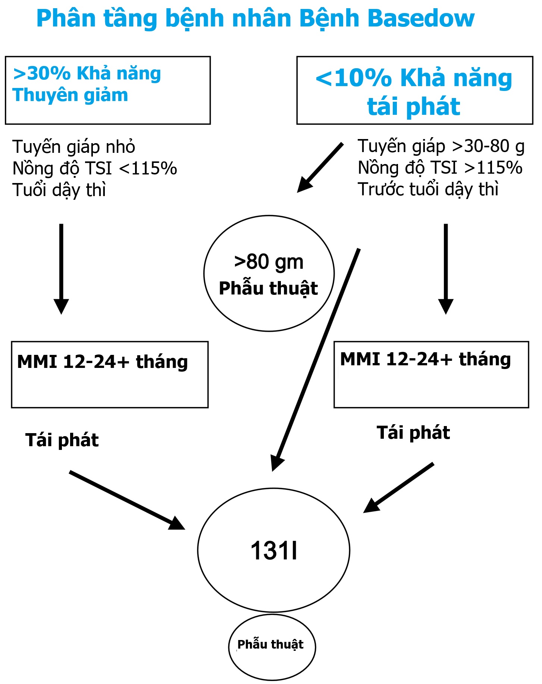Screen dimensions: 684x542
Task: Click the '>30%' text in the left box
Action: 41,73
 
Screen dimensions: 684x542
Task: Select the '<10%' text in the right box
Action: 353,78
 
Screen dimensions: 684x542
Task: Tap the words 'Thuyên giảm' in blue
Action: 70,95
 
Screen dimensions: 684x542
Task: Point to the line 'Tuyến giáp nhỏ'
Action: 73,147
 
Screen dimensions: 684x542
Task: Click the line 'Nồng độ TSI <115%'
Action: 95,168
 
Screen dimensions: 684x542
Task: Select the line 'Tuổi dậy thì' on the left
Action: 59,190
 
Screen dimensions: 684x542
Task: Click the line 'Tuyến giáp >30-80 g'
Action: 441,146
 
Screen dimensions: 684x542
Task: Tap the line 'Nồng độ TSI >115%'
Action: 440,168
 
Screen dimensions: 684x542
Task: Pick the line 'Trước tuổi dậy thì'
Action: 428,189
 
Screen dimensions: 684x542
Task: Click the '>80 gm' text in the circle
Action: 269,262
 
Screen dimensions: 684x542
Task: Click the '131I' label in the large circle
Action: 274,551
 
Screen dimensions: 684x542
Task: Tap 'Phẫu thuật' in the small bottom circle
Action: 270,644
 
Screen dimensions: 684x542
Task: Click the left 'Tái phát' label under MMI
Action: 62,440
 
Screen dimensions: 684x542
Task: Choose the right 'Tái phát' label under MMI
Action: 413,433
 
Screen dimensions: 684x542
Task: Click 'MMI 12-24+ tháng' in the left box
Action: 103,362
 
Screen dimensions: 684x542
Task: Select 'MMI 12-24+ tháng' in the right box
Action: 425,359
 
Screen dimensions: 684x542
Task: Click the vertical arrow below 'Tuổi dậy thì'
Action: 61,268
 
